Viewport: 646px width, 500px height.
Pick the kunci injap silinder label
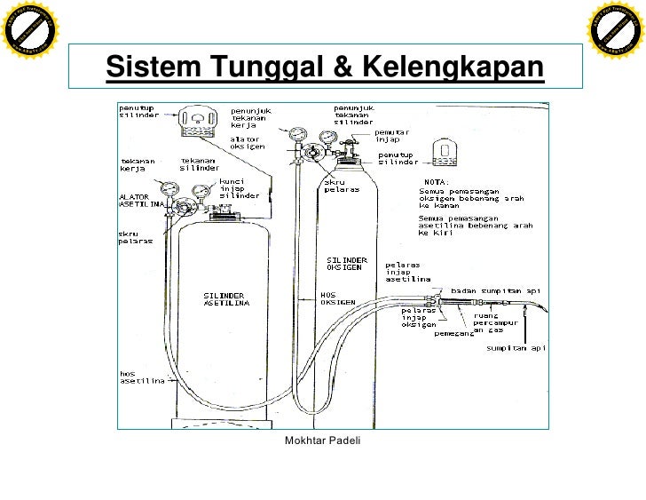pyautogui.click(x=239, y=187)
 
